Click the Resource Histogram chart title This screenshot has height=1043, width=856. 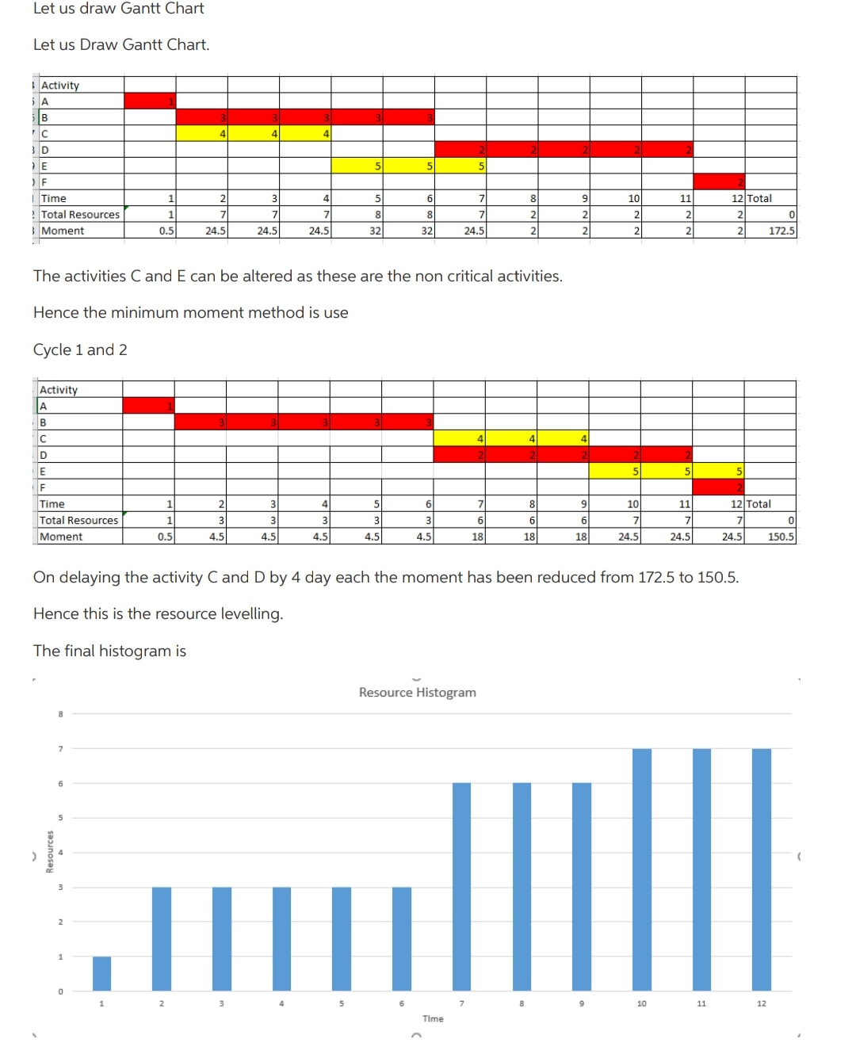tap(417, 692)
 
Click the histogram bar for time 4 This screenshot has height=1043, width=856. tap(281, 938)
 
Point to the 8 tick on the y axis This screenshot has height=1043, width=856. tap(60, 714)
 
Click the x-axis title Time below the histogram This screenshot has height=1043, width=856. tap(433, 1018)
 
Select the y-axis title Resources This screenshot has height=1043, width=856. tap(50, 851)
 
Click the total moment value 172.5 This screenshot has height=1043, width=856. tap(781, 231)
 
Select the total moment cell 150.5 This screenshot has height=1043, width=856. tap(781, 537)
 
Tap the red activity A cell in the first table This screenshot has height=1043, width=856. tap(150, 101)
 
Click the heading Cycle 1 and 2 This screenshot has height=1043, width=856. tap(80, 350)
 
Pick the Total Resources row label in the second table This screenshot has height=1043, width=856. tap(78, 520)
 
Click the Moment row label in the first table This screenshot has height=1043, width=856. tap(63, 231)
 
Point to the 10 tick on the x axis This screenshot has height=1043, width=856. tap(641, 1003)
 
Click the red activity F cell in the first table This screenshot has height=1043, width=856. tap(719, 182)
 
